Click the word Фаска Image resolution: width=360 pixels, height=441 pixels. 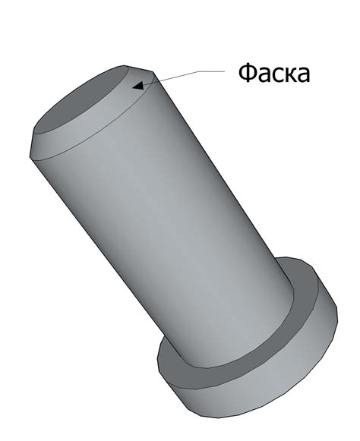(274, 74)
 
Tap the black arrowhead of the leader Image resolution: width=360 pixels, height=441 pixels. (137, 86)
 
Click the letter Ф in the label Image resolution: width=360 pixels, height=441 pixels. (248, 74)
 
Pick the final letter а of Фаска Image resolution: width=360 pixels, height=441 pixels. (302, 76)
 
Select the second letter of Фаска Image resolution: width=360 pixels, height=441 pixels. (264, 76)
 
